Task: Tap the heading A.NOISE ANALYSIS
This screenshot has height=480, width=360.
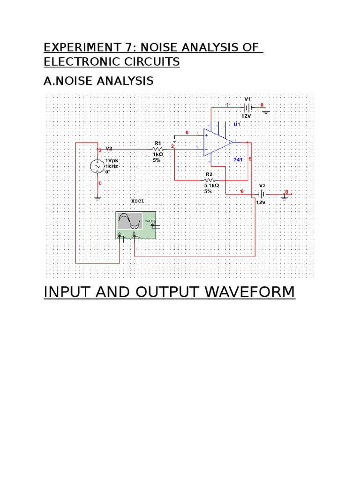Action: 98,81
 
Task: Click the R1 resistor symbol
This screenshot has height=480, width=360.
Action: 157,149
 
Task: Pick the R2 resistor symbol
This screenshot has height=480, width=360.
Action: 209,180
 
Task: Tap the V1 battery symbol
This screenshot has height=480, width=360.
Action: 247,107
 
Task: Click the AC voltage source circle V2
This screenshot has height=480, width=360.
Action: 98,166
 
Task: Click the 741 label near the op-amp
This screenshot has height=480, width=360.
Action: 239,160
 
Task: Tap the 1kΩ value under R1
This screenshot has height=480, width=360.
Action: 157,154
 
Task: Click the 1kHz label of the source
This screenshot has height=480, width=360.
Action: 112,166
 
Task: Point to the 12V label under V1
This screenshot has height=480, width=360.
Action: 247,115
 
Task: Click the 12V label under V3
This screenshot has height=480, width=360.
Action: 261,202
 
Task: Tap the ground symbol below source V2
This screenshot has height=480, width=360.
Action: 98,198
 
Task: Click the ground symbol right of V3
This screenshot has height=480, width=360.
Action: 284,197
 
